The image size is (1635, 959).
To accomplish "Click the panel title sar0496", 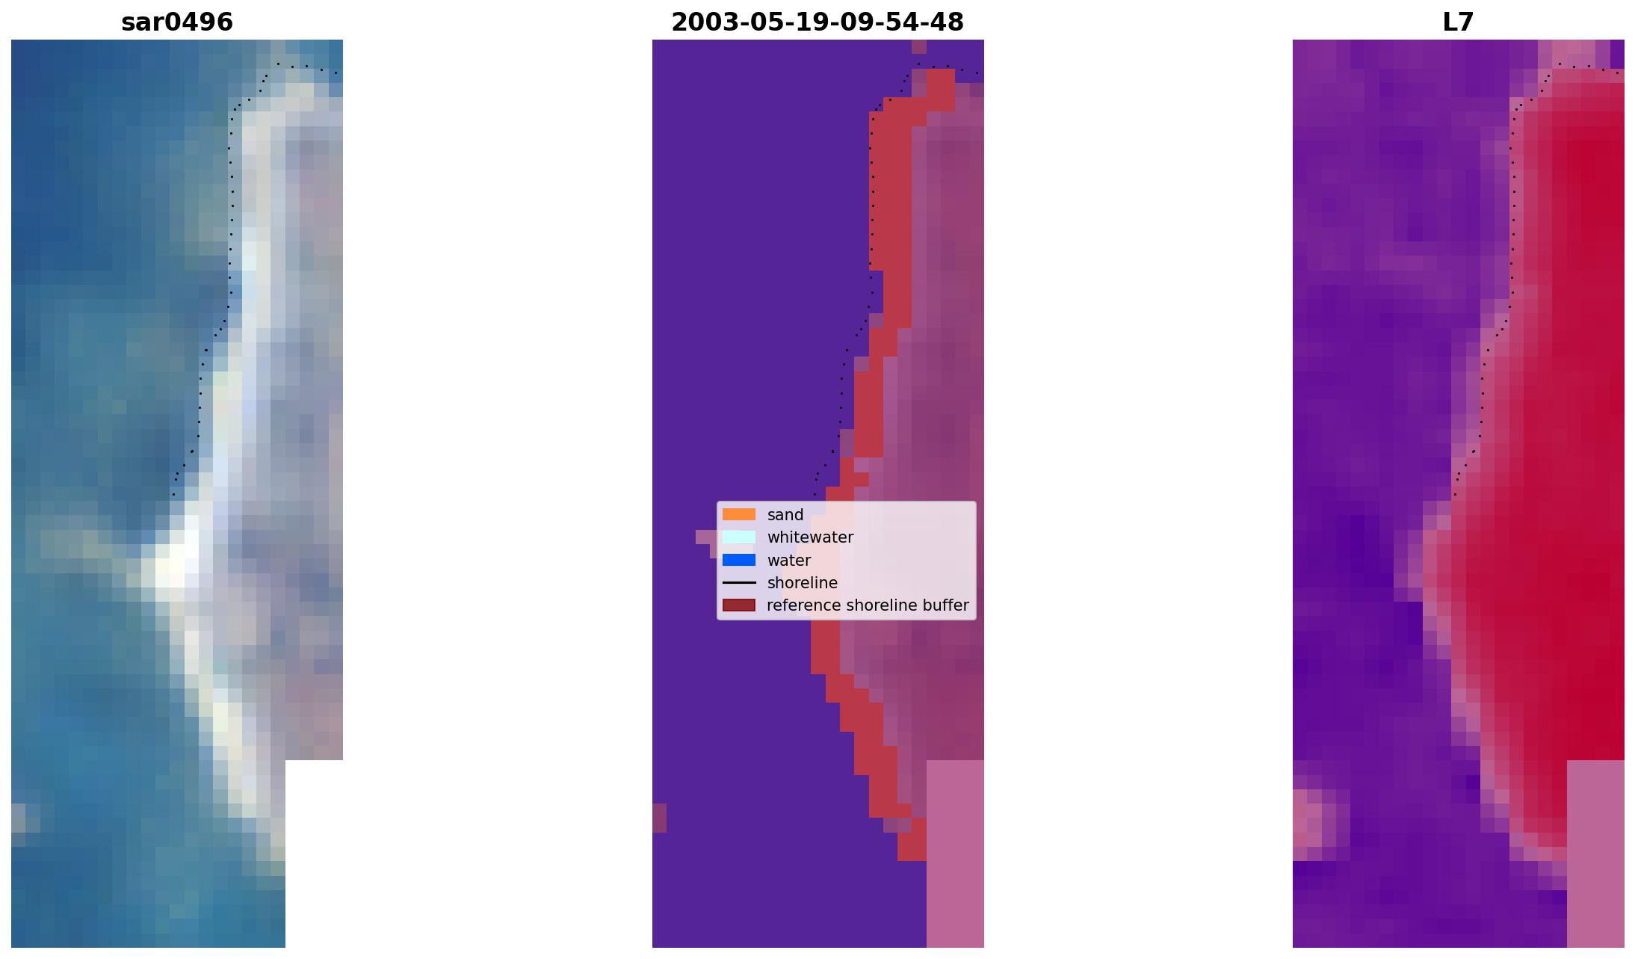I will point(177,22).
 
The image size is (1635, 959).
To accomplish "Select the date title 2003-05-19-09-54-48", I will point(817,22).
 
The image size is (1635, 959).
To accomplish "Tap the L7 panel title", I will point(1458,22).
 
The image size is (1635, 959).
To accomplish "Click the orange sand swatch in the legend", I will point(738,514).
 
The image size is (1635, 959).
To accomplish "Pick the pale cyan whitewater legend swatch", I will point(738,537).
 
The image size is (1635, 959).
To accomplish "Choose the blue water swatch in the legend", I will point(738,560).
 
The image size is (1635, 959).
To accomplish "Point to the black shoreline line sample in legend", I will point(738,582).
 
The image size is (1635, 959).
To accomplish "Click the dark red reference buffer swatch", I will point(738,605).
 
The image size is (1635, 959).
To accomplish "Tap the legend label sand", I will point(785,515).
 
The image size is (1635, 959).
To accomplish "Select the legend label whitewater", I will point(810,537).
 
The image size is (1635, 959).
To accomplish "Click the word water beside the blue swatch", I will point(788,561).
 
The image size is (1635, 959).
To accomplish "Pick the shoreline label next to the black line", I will point(802,583).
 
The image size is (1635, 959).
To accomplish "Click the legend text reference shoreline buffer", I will point(867,605).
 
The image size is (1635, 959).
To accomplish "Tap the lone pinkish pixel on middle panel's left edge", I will point(659,818).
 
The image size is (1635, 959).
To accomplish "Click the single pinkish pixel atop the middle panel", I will point(919,46).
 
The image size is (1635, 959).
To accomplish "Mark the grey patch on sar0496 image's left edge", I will point(18,818).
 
